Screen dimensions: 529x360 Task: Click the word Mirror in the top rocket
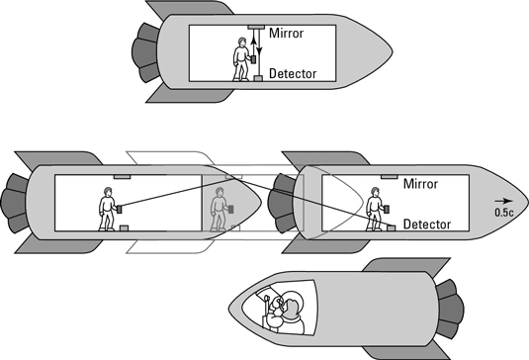tap(286, 33)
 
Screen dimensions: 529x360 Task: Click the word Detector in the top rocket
tap(293, 73)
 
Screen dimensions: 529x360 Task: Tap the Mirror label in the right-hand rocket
tap(420, 184)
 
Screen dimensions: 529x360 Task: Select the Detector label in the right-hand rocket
tap(427, 225)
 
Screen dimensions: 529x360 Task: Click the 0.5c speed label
tap(504, 213)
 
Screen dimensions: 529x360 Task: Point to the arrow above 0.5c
tap(503, 201)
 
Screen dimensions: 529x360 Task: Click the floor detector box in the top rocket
tap(258, 78)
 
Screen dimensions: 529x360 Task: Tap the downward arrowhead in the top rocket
tap(259, 51)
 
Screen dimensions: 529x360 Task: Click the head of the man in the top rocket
tap(241, 42)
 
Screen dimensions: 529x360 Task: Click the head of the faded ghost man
tap(220, 192)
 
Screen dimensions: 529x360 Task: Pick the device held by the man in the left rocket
tap(119, 210)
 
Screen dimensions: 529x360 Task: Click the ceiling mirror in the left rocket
tap(123, 176)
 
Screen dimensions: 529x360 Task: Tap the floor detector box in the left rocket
tap(125, 228)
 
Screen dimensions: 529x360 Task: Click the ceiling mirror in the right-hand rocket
tap(390, 176)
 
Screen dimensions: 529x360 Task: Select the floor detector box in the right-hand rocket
tap(391, 228)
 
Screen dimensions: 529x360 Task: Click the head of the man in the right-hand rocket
tap(375, 192)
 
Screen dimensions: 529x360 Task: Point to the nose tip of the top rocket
tap(393, 52)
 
